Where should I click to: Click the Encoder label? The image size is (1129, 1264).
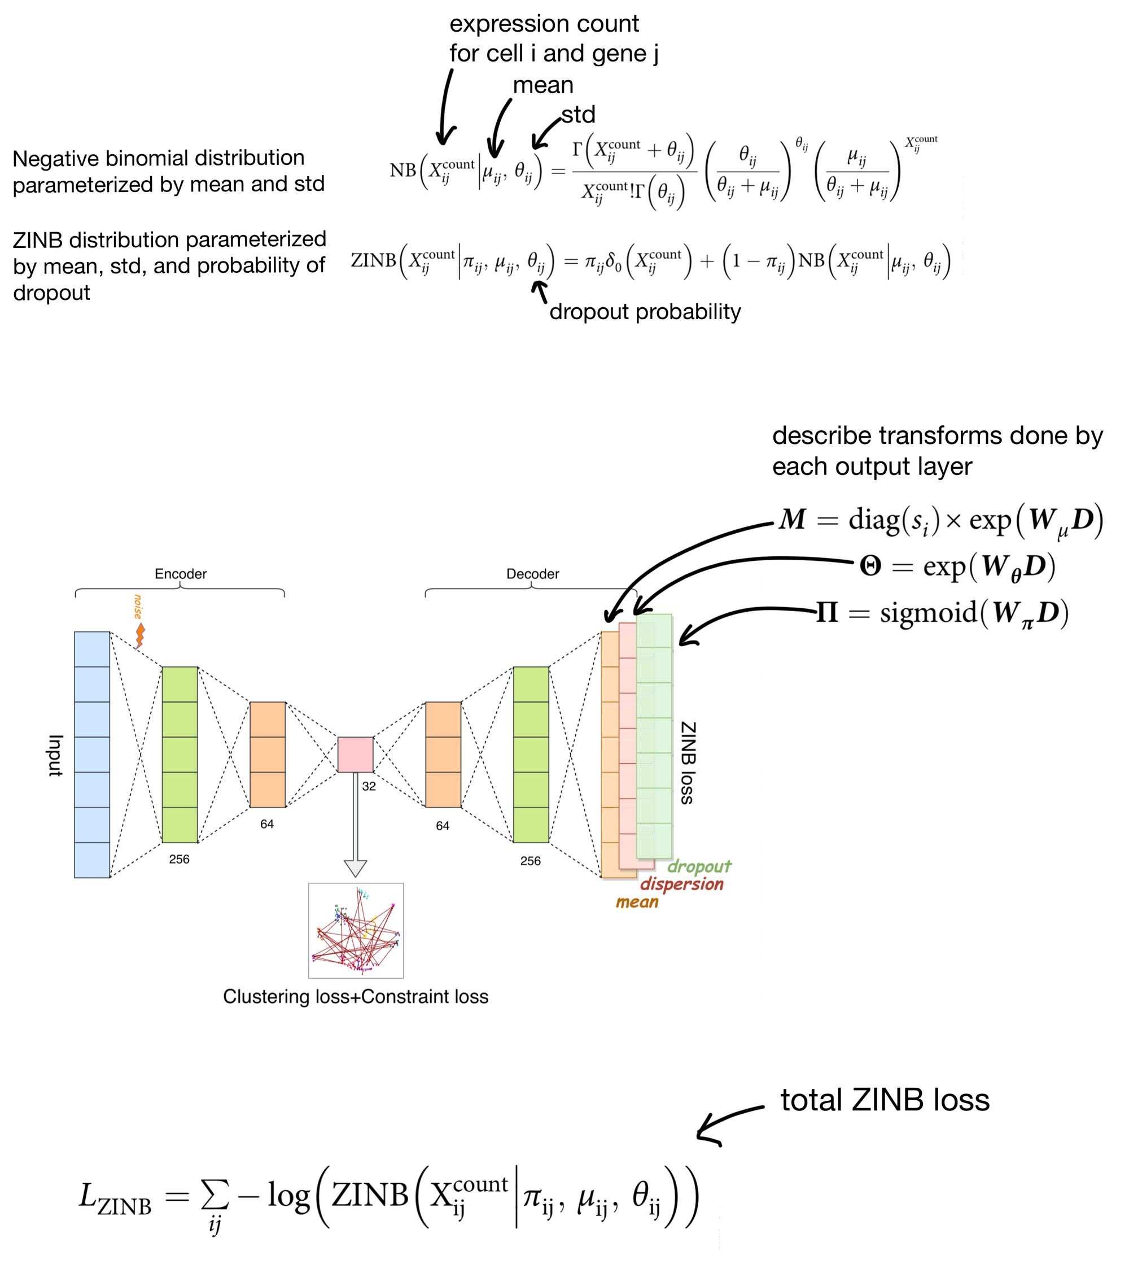[x=181, y=573]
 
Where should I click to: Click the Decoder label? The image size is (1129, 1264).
[x=532, y=573]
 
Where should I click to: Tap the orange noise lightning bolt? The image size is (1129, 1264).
[x=141, y=635]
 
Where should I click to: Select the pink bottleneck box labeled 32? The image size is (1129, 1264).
[x=356, y=755]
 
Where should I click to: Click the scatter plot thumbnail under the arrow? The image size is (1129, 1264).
[x=356, y=930]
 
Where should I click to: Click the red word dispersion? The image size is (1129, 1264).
[x=682, y=884]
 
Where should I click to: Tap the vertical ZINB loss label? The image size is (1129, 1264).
[x=688, y=762]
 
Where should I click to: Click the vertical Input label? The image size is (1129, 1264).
[x=56, y=755]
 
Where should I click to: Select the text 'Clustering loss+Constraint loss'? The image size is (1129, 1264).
[x=356, y=996]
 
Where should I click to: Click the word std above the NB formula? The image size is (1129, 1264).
[x=578, y=114]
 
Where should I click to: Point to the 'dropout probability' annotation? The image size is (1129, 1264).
[x=645, y=312]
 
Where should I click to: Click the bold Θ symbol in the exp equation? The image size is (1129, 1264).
[x=870, y=566]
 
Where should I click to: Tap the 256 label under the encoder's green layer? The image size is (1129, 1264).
[x=180, y=860]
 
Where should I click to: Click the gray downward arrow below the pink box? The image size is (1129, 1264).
[x=356, y=825]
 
